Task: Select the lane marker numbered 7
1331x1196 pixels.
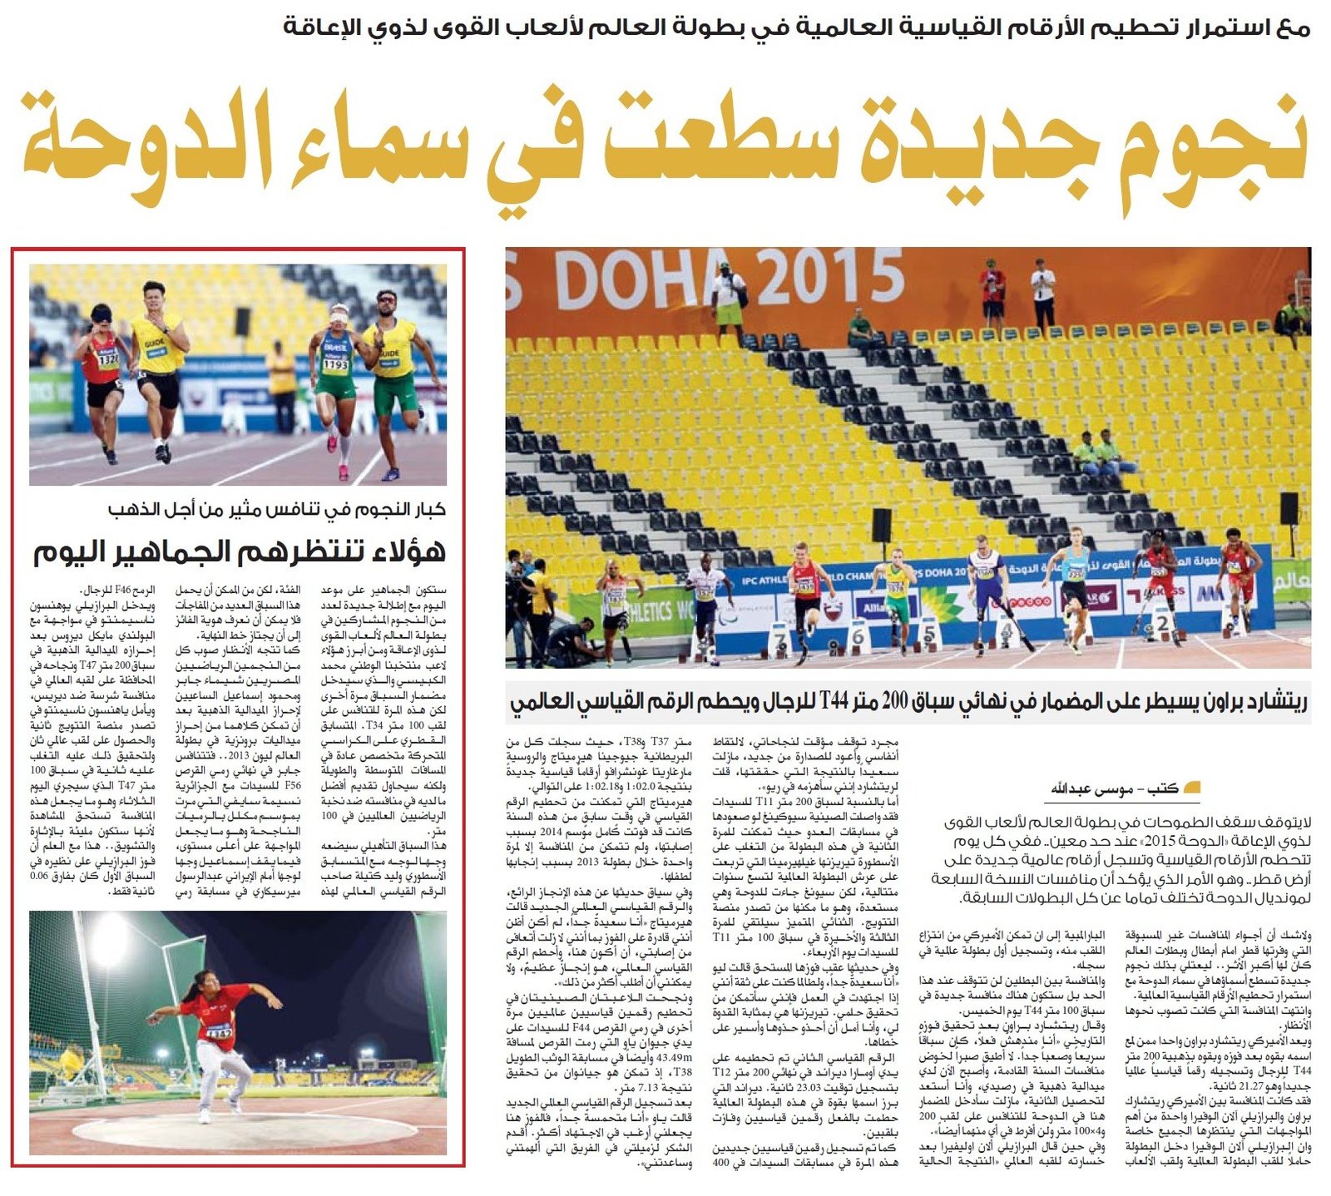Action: tap(780, 639)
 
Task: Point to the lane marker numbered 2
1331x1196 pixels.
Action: tap(1162, 621)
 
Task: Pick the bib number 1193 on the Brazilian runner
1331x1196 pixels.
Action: tap(335, 365)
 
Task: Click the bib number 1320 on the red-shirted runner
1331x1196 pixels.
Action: tap(108, 360)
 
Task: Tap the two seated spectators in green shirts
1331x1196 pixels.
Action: tap(1096, 453)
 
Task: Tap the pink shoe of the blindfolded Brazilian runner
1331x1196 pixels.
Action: tap(343, 472)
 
